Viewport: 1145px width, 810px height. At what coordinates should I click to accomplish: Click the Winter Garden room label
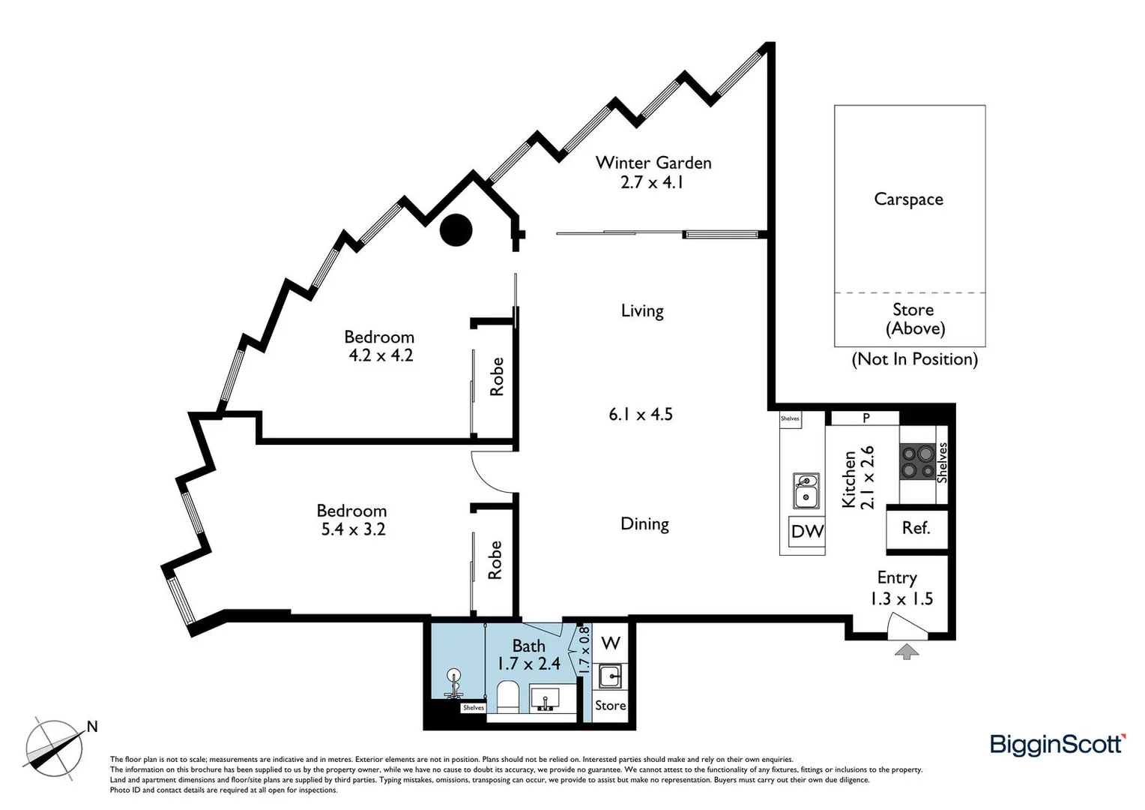click(x=653, y=163)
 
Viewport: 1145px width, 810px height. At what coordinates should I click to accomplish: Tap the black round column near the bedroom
click(x=456, y=230)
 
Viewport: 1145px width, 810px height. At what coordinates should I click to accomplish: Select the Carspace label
click(x=908, y=199)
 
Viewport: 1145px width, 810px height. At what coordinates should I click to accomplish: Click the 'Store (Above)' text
click(x=914, y=319)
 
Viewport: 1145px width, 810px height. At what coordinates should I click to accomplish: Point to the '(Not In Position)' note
click(x=914, y=359)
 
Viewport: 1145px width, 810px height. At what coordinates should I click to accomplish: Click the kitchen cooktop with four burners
click(x=917, y=462)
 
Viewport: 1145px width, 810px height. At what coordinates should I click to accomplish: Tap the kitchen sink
click(x=806, y=490)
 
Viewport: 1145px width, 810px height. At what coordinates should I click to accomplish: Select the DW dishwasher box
click(x=807, y=532)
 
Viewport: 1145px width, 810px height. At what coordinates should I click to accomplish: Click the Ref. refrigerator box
click(x=916, y=529)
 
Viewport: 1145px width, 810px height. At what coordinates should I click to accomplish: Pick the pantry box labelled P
click(x=865, y=418)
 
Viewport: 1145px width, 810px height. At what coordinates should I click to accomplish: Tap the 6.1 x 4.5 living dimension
click(x=641, y=414)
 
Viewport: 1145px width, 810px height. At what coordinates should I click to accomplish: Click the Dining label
click(x=644, y=523)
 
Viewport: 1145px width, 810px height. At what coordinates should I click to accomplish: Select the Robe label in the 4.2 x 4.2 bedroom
click(x=497, y=376)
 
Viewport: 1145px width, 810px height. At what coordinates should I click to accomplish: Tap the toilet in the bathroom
click(x=507, y=696)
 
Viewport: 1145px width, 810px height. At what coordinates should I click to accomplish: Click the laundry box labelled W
click(x=611, y=643)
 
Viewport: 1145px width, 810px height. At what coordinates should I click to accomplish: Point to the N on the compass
click(x=92, y=726)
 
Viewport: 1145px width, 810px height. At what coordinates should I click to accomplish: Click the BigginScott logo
click(x=1057, y=744)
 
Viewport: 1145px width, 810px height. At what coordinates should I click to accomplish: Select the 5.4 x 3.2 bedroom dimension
click(x=353, y=529)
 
